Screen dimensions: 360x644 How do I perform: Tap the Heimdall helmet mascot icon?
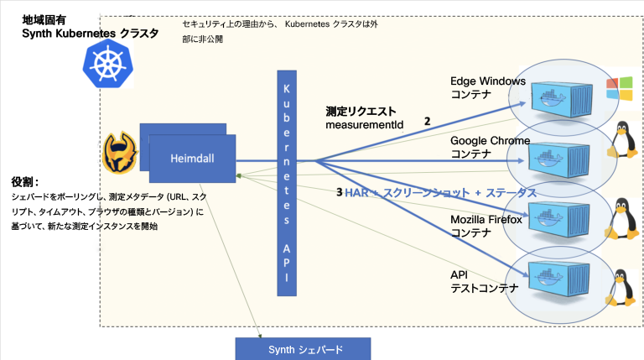120,152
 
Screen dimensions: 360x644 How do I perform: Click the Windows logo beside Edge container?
622,86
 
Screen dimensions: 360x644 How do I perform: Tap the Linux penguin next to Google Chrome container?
622,140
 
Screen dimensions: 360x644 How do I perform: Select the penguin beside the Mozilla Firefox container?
622,217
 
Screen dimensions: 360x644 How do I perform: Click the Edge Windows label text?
487,81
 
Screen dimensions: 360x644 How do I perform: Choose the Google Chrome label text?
490,141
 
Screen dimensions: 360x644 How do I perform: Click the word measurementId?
364,125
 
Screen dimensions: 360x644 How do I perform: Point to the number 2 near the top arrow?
427,121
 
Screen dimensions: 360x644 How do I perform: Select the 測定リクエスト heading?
361,111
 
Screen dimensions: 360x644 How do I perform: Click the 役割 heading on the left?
25,181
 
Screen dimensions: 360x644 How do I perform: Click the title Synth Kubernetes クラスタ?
90,31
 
